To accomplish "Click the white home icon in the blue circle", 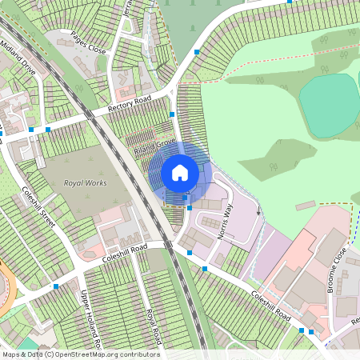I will pyautogui.click(x=180, y=172).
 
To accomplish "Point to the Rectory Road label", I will pyautogui.click(x=130, y=104).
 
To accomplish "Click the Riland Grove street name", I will pyautogui.click(x=154, y=143).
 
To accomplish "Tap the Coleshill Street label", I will pyautogui.click(x=37, y=207).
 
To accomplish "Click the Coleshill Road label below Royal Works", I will pyautogui.click(x=126, y=254).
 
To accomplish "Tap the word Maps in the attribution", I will pyautogui.click(x=11, y=354).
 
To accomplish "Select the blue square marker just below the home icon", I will pyautogui.click(x=190, y=208).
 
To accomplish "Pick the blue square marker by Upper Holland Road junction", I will pyautogui.click(x=56, y=286).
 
